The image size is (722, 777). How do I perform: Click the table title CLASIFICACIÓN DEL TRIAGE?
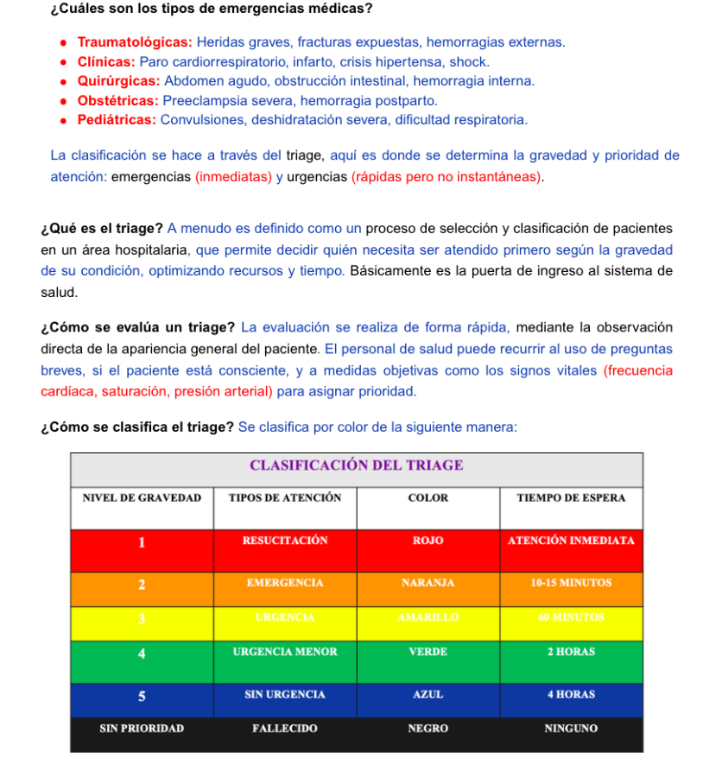pyautogui.click(x=356, y=465)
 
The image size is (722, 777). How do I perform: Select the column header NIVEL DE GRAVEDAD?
pyautogui.click(x=142, y=498)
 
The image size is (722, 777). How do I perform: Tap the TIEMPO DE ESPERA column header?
pyautogui.click(x=571, y=498)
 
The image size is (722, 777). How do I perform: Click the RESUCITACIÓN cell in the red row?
pyautogui.click(x=285, y=540)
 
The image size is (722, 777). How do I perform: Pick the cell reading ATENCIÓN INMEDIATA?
pyautogui.click(x=571, y=540)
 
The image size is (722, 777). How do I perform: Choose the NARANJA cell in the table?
pyautogui.click(x=427, y=584)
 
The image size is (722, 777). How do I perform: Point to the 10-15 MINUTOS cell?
pyautogui.click(x=571, y=584)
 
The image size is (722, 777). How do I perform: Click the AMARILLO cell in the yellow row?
pyautogui.click(x=427, y=618)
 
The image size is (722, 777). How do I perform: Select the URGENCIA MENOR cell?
pyautogui.click(x=285, y=652)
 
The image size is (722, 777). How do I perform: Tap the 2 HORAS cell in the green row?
pyautogui.click(x=571, y=652)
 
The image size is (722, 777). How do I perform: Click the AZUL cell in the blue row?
pyautogui.click(x=427, y=694)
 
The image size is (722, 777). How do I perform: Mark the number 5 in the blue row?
pyautogui.click(x=142, y=695)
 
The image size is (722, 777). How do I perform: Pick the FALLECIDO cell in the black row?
pyautogui.click(x=285, y=729)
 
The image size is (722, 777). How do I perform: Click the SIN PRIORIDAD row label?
pyautogui.click(x=142, y=729)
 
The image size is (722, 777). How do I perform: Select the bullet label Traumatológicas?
pyautogui.click(x=135, y=42)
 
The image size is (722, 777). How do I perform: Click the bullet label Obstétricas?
pyautogui.click(x=117, y=101)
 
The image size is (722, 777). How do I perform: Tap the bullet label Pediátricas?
pyautogui.click(x=117, y=120)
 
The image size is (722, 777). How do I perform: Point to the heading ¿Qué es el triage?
pyautogui.click(x=102, y=229)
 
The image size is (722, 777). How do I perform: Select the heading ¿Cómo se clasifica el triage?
pyautogui.click(x=137, y=427)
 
